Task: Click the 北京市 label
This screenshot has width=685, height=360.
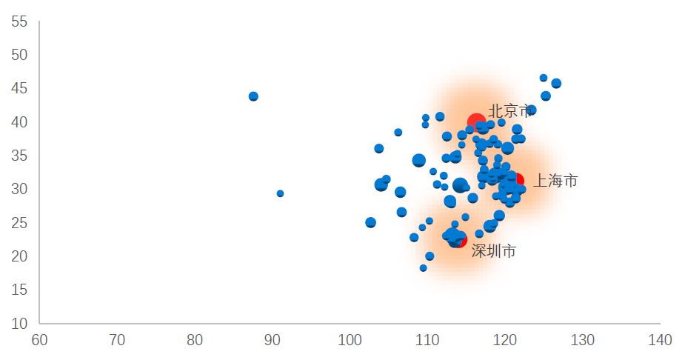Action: [510, 111]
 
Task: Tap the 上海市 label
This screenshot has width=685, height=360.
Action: [555, 181]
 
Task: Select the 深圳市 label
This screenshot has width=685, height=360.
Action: [494, 252]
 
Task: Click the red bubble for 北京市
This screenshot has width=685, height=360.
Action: [476, 122]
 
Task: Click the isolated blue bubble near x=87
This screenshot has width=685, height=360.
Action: [253, 96]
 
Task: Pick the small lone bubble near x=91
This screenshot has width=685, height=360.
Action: [280, 193]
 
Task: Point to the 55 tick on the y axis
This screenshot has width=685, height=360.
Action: [19, 22]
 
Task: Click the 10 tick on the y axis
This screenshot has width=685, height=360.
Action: [19, 324]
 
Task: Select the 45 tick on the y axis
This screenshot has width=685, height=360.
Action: [19, 89]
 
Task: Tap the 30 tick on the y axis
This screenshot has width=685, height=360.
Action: [19, 190]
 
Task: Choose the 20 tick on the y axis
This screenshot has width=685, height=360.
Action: [19, 256]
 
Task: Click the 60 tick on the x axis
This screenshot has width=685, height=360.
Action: [39, 341]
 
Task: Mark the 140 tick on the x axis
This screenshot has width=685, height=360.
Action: [660, 341]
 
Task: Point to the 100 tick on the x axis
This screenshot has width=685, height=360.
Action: [350, 341]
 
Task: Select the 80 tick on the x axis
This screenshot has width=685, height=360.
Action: [195, 341]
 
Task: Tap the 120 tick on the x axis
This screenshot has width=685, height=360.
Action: [505, 341]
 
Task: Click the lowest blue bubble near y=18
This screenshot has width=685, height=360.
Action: [424, 268]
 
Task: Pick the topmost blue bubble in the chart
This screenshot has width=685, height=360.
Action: [544, 78]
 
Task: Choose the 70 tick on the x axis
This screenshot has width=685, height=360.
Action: [117, 341]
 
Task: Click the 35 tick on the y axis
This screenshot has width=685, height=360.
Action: [19, 156]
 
